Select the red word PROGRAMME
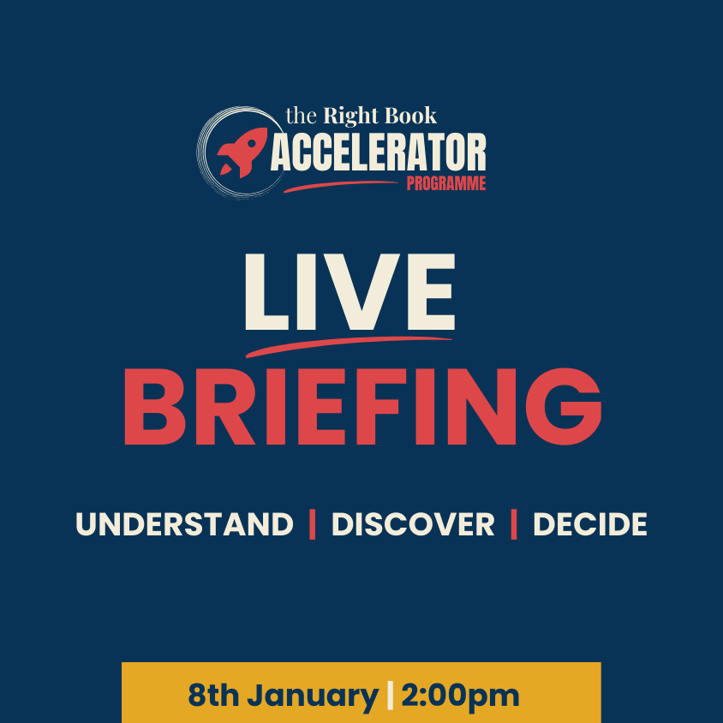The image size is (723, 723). [x=445, y=183]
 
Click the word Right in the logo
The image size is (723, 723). [x=347, y=115]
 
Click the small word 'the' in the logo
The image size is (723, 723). [x=300, y=116]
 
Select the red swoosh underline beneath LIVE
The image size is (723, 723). [x=347, y=344]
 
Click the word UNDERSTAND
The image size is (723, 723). [x=184, y=524]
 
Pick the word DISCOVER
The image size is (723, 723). [x=413, y=524]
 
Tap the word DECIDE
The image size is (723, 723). [x=589, y=524]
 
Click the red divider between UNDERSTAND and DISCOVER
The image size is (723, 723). [x=313, y=524]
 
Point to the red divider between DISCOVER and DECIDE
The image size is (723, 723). [x=514, y=524]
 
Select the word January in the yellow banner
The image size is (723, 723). [x=314, y=696]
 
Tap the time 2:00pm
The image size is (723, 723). [x=459, y=696]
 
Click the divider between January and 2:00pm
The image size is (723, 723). [x=390, y=696]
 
